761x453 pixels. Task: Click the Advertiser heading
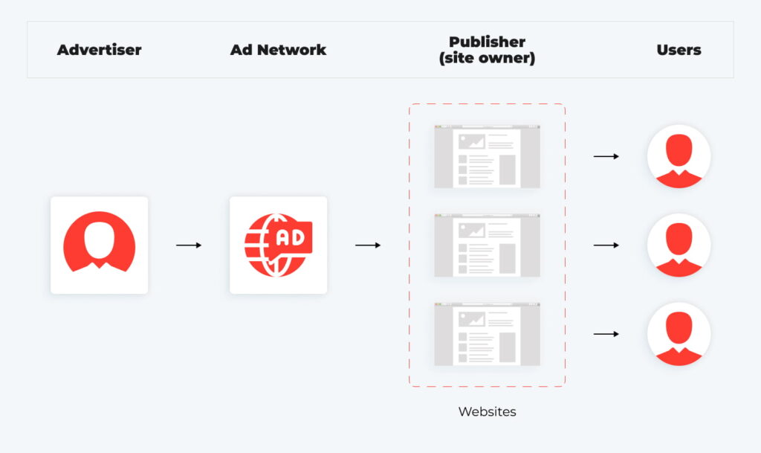[99, 51]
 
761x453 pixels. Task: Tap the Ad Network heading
[278, 51]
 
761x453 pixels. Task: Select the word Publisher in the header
[487, 42]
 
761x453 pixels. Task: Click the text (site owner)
[487, 58]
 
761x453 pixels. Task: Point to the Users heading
[679, 51]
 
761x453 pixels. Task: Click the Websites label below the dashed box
[487, 411]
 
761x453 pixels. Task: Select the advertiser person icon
[99, 245]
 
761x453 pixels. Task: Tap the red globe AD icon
[278, 245]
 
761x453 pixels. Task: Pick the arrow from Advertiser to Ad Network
[189, 245]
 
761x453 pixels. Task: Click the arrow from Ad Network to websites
[368, 245]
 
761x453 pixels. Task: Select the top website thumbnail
[487, 156]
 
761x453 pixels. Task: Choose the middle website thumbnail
[487, 245]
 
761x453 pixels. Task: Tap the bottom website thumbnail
[487, 334]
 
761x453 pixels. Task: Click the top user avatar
[679, 156]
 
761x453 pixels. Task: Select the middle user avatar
[679, 245]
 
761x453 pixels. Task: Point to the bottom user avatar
[679, 334]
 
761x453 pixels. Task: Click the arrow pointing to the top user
[606, 156]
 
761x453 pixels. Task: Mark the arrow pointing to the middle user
[606, 245]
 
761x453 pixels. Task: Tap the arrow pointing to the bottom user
[606, 334]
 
